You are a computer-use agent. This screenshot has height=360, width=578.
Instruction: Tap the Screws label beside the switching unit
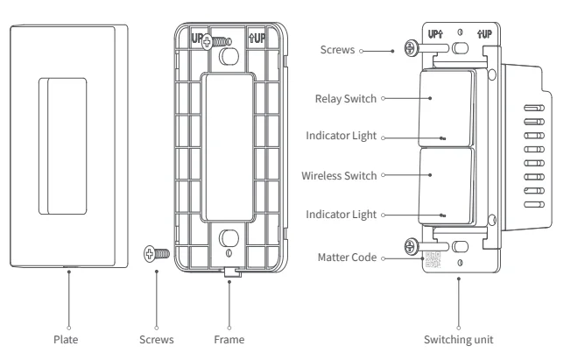click(340, 51)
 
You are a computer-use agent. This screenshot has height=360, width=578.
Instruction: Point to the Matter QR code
click(433, 259)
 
